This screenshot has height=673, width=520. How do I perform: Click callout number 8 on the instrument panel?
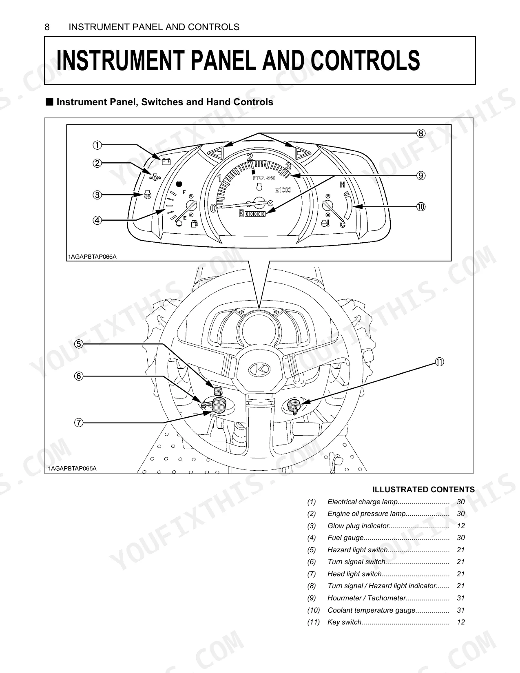pos(420,133)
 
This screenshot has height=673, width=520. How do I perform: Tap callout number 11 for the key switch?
pos(439,362)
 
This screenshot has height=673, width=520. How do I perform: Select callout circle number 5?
pos(79,344)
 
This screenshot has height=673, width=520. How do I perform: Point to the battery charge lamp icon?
pos(166,161)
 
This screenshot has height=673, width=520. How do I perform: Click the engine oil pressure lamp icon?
pos(155,177)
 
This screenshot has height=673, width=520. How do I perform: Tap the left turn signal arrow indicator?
pos(216,153)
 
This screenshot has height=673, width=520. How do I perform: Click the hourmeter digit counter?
pos(252,213)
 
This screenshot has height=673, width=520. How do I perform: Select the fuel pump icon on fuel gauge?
pos(194,224)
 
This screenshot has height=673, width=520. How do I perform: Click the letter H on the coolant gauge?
pos(342,185)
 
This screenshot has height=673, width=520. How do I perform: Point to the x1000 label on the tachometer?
pos(283,190)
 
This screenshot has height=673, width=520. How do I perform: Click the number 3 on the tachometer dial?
pos(288,167)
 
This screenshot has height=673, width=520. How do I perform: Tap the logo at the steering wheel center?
pos(259,369)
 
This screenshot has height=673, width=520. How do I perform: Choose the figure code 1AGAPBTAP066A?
pos(92,257)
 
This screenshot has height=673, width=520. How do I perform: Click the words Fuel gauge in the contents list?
pos(345,538)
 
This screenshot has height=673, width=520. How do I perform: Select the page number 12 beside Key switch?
pos(461,622)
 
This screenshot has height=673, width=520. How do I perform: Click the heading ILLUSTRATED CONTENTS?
pos(423,489)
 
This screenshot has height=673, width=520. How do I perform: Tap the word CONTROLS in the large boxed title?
pos(365,60)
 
